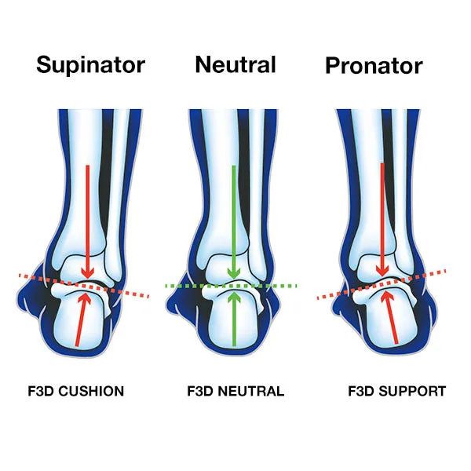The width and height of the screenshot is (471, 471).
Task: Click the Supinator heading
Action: coord(91,65)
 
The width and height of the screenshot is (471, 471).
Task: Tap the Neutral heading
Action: coord(235,64)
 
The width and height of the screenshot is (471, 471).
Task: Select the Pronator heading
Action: coord(374,66)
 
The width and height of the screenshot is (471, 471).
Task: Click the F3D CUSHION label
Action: coord(75,391)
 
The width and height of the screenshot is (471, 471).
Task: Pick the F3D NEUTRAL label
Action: coord(235,391)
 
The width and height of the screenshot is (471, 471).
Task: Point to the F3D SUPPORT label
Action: coord(396,391)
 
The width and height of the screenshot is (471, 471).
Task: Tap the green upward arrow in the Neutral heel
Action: coord(234,319)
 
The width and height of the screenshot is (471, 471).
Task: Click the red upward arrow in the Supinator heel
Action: coord(82,319)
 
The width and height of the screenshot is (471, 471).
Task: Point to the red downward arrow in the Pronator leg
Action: coord(382,220)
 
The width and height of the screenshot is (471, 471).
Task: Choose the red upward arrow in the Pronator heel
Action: coord(390,318)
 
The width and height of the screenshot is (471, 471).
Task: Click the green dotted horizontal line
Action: coord(231,286)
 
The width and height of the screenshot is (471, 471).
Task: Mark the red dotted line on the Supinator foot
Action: coord(84,286)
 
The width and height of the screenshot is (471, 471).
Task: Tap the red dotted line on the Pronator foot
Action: coord(382,285)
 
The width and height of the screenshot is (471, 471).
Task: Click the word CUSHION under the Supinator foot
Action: coord(91,391)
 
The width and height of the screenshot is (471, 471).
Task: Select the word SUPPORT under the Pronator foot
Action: coord(412,391)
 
